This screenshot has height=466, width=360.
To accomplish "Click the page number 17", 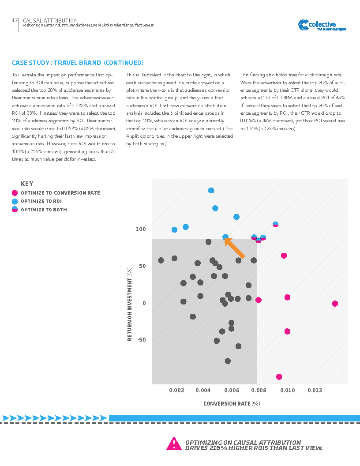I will click(x=15, y=21).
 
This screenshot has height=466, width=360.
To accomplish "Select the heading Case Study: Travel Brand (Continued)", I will click(x=78, y=63).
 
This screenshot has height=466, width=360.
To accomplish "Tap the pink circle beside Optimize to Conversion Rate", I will click(x=15, y=193).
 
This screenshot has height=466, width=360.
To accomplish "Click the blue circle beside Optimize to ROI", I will click(x=15, y=201).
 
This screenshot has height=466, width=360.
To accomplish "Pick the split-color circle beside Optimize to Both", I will click(x=15, y=210).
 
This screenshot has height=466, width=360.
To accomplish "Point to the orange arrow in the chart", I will click(x=235, y=248).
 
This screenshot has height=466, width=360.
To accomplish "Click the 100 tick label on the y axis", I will click(x=140, y=229).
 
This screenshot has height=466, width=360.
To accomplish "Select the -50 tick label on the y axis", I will click(x=141, y=340).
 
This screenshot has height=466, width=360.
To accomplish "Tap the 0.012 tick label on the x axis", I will click(x=315, y=391).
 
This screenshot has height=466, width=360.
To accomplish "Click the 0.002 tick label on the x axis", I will click(x=176, y=391).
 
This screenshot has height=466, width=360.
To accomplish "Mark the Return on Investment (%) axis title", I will click(x=130, y=304).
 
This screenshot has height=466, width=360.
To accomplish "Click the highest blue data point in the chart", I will click(x=211, y=191).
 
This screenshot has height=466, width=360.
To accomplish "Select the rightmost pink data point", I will click(x=335, y=304).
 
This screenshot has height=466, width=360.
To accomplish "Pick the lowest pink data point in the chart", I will click(x=279, y=377).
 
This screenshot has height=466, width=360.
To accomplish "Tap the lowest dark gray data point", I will click(x=228, y=361).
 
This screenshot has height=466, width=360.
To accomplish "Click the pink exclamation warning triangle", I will click(x=174, y=444).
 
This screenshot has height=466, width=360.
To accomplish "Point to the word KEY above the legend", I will click(x=27, y=184).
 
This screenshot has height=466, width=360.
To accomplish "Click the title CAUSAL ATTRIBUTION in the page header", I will click(x=50, y=20).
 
